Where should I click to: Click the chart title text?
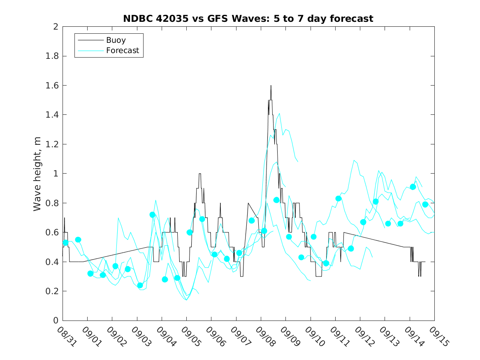pyautogui.click(x=248, y=19)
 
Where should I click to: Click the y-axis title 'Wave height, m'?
pyautogui.click(x=37, y=173)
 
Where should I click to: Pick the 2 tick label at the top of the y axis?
pyautogui.click(x=55, y=27)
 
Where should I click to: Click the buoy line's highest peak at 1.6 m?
pyautogui.click(x=271, y=86)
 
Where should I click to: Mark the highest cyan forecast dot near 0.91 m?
pyautogui.click(x=413, y=187)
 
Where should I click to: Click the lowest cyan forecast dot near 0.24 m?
pyautogui.click(x=140, y=286)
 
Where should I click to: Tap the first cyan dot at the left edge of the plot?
pyautogui.click(x=65, y=243)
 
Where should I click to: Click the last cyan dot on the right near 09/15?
pyautogui.click(x=425, y=204)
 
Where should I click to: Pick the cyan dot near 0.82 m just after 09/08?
pyautogui.click(x=276, y=200)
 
